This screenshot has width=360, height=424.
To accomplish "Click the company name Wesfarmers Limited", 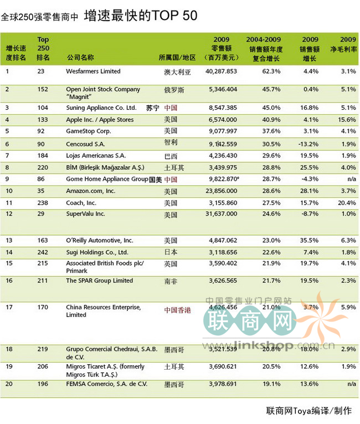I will point(93,71).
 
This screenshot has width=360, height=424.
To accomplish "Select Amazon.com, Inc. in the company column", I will point(91,190).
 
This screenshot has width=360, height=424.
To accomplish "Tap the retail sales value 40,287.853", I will point(221,71).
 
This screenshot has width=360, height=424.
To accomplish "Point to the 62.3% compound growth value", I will point(271,71).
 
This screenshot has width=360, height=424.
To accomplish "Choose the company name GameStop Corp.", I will point(89,131).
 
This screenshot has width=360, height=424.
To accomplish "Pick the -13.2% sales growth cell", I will point(309,144).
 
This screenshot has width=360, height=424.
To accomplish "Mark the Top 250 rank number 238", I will point(42,202).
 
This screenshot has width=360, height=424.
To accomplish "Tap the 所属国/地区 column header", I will point(177,57).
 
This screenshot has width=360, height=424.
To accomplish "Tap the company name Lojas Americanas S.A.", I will point(96,156).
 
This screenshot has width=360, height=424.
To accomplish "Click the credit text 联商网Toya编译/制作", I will point(309,411).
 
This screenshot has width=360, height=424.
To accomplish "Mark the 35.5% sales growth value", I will point(309,241).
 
